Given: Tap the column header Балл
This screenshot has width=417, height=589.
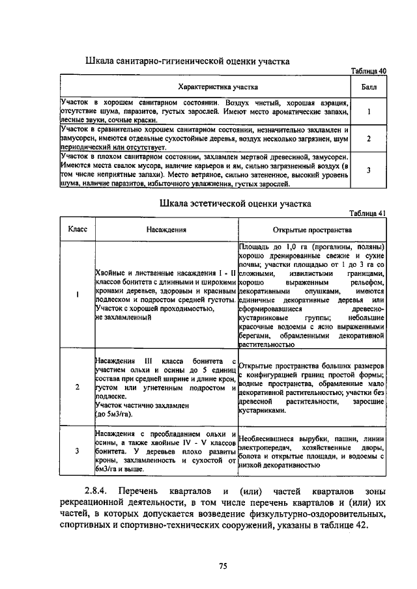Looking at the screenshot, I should coord(368,87).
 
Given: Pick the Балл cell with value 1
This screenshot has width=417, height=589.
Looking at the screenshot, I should coord(368,111).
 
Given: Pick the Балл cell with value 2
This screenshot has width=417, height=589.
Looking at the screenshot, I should coord(368,139).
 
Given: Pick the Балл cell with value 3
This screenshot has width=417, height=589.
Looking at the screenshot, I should coord(368,170).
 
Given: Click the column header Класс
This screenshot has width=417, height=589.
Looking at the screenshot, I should coord(78,229).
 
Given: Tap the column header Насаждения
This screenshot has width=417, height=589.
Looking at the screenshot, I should coord(165,229).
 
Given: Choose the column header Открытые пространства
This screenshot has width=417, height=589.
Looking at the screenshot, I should coord(311,229).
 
